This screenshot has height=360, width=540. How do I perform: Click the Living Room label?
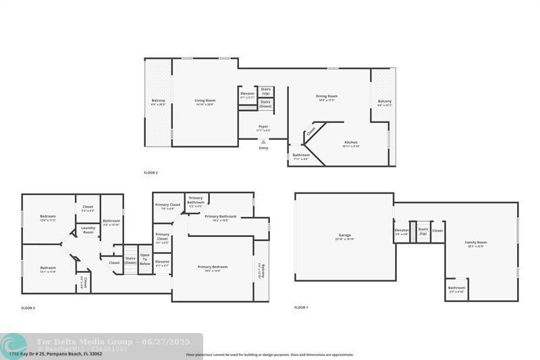205,101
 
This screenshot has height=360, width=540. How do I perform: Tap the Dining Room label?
327,97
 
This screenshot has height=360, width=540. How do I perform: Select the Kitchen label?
351,143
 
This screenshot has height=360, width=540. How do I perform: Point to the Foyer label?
263,127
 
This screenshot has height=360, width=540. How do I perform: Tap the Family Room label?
475,243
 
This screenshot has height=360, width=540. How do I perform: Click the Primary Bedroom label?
213,267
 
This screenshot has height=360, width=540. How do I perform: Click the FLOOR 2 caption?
151,173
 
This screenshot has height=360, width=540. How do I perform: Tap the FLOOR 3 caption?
28,308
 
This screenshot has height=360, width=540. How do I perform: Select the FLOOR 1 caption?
301,307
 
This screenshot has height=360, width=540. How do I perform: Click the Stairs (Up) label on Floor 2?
266,91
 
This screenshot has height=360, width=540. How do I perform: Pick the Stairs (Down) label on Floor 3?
130,260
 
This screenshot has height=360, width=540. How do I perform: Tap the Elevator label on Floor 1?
402,232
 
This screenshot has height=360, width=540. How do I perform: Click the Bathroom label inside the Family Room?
457,289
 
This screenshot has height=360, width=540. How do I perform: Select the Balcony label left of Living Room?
158,102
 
